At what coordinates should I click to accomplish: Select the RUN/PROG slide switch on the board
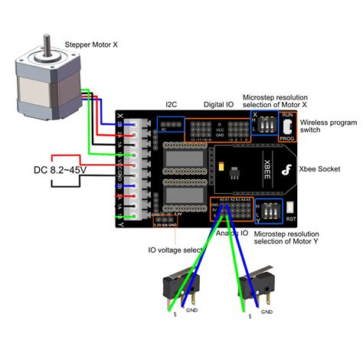(x=287, y=126)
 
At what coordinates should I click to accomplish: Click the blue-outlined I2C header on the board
(x=170, y=124)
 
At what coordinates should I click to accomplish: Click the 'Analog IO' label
(x=231, y=233)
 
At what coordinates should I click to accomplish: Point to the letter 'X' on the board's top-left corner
(x=120, y=116)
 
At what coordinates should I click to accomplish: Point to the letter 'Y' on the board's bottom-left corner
(x=120, y=222)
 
